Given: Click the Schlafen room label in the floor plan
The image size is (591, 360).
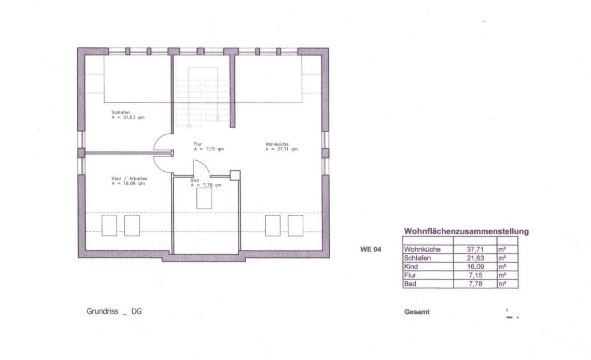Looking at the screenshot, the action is (x=121, y=113).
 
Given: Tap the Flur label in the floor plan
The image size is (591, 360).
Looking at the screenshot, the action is (x=198, y=144).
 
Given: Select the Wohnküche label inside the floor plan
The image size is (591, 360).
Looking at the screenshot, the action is (x=277, y=144).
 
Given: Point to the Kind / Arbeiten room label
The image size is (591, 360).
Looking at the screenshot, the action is (x=129, y=178).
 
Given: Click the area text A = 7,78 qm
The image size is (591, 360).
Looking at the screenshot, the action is (x=206, y=185).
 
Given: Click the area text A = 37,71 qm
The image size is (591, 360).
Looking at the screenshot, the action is (x=282, y=149).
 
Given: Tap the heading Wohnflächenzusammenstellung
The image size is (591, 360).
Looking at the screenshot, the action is (x=466, y=231).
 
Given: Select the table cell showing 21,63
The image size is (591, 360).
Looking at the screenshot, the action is (x=475, y=258).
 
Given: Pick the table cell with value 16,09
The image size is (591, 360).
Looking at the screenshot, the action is (x=475, y=267).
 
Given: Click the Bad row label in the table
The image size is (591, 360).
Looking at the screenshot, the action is (x=410, y=284).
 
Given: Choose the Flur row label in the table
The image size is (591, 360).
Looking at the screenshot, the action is (x=410, y=275).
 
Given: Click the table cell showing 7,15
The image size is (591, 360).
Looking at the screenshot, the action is (x=476, y=275).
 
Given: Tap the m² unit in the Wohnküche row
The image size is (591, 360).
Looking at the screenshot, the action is (x=502, y=249).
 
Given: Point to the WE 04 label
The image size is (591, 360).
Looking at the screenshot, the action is (x=371, y=249).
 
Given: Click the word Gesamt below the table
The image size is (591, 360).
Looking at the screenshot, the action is (x=417, y=312).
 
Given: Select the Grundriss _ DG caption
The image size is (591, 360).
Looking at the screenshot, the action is (x=114, y=311).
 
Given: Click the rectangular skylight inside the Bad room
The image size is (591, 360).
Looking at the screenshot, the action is (x=204, y=198).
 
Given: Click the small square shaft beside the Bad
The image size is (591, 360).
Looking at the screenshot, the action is (x=235, y=175).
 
